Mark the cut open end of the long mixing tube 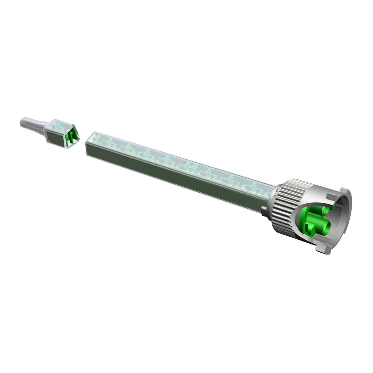[88, 140]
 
